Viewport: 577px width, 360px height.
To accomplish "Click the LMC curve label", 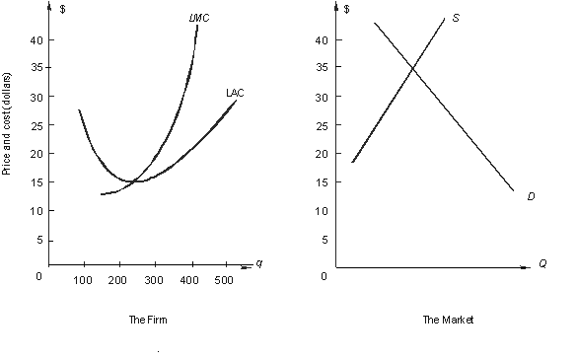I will [200, 18].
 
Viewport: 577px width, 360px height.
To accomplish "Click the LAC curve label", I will [235, 93].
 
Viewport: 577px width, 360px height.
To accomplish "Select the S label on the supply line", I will [455, 18].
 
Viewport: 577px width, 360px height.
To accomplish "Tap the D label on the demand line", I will [531, 196].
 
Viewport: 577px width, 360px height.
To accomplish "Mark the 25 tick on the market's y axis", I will [321, 125].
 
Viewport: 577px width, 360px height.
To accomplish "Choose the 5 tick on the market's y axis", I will [324, 239].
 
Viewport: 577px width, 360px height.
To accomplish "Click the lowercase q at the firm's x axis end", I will [258, 262].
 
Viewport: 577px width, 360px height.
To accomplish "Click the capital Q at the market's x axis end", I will [542, 264].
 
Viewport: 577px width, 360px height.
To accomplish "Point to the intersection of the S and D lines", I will [415, 67].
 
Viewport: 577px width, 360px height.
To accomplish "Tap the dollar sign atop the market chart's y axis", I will [346, 8].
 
